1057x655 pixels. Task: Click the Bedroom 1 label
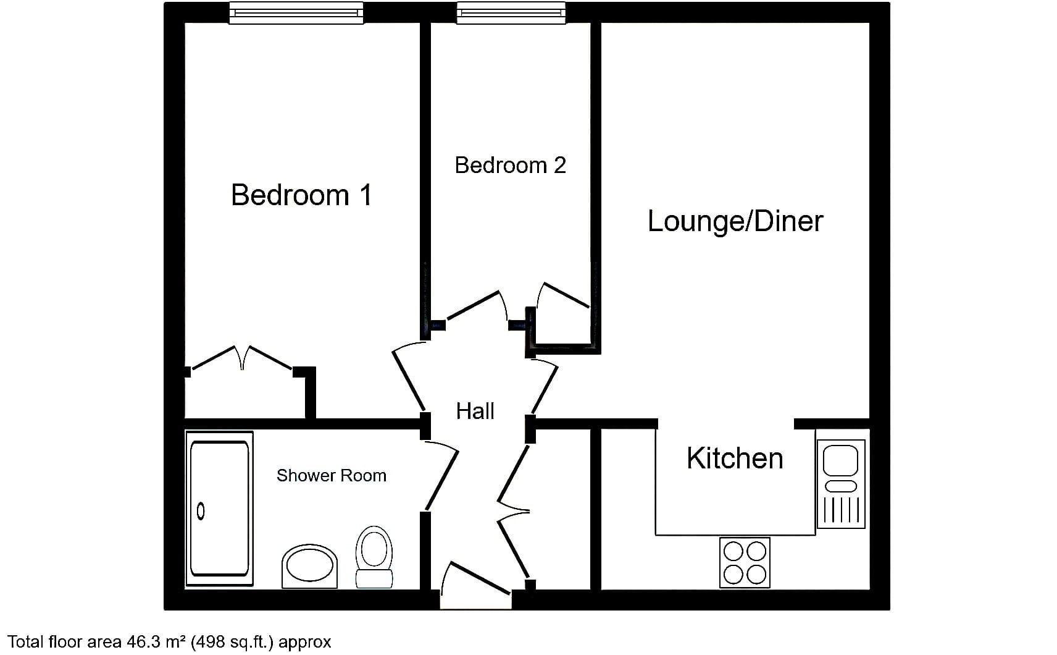click(301, 195)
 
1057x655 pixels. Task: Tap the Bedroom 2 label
click(510, 165)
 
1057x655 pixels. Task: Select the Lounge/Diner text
click(735, 221)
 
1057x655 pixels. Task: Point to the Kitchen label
click(735, 458)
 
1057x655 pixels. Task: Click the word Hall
click(475, 412)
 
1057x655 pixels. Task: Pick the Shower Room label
click(332, 476)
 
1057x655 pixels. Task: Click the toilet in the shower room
click(374, 557)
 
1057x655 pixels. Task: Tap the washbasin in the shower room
click(309, 566)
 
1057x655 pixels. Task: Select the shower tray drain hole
click(201, 512)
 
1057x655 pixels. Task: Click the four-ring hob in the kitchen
click(745, 562)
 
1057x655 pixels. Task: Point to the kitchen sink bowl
click(840, 460)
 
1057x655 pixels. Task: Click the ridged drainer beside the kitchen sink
click(841, 511)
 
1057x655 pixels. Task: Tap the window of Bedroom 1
click(296, 13)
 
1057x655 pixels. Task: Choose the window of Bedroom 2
click(511, 13)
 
